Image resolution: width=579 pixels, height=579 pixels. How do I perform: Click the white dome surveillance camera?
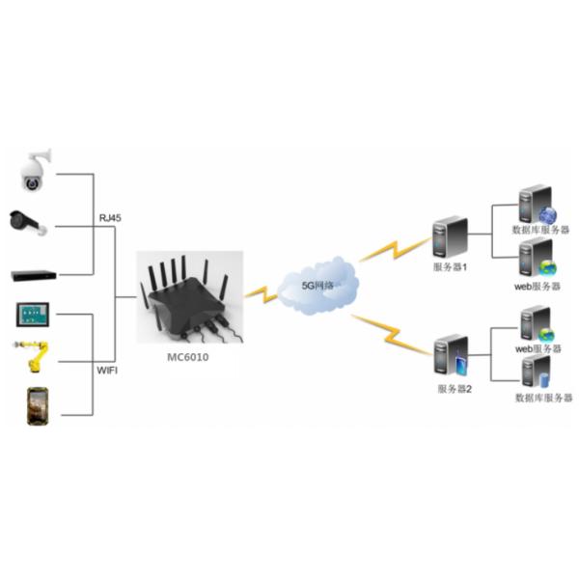pyautogui.click(x=37, y=170)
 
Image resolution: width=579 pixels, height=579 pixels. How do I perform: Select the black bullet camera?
pyautogui.click(x=30, y=223)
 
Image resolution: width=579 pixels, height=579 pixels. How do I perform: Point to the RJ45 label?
pyautogui.click(x=110, y=218)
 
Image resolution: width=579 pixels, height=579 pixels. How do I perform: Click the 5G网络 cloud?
pyautogui.click(x=317, y=284)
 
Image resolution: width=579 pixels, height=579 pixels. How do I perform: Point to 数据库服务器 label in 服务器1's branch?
pyautogui.click(x=541, y=230)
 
